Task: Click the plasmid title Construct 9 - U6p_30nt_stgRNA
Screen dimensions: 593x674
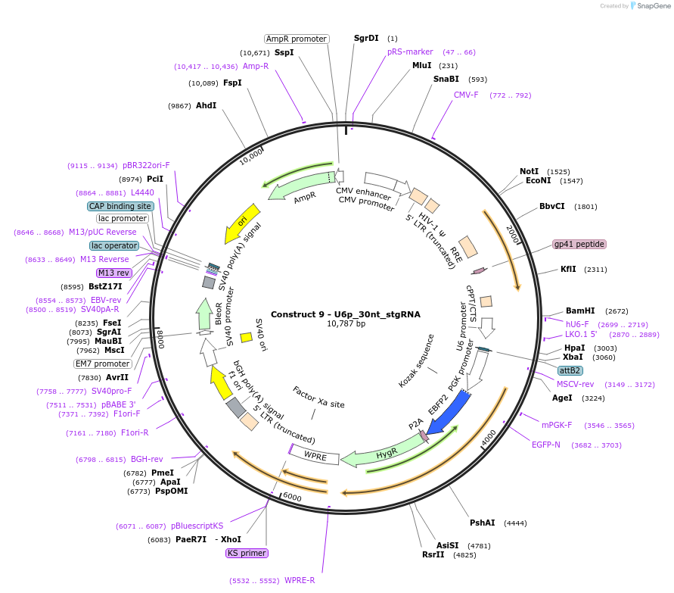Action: (345, 314)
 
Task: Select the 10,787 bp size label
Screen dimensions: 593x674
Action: (345, 324)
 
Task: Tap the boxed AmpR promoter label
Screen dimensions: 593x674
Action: (297, 39)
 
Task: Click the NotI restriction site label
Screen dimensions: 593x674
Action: (529, 171)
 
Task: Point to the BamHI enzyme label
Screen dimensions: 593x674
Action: (580, 311)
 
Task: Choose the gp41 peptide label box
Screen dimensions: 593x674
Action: (579, 244)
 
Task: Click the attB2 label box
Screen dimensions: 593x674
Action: (570, 370)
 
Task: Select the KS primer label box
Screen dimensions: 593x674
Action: (247, 553)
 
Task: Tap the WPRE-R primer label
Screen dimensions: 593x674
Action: (300, 580)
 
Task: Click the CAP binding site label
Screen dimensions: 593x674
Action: (120, 206)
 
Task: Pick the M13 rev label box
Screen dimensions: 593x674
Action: (113, 273)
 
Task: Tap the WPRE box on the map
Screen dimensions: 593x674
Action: (315, 456)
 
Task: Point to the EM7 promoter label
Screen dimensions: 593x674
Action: (103, 364)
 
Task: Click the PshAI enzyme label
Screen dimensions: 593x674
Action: (482, 523)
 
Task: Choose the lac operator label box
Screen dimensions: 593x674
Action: (114, 245)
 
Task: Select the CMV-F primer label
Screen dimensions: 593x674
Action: (466, 95)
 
